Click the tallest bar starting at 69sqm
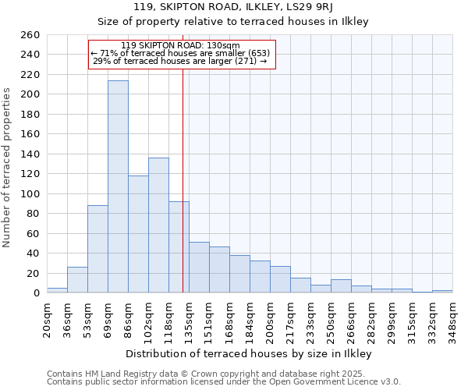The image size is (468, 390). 118,187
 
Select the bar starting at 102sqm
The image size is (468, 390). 158,225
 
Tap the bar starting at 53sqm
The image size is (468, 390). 97,249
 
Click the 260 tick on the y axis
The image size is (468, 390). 30,35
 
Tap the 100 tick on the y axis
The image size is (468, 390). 30,193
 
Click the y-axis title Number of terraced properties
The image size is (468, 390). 8,168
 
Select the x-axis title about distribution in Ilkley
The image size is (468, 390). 248,353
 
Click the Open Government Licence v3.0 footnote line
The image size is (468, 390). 223,382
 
